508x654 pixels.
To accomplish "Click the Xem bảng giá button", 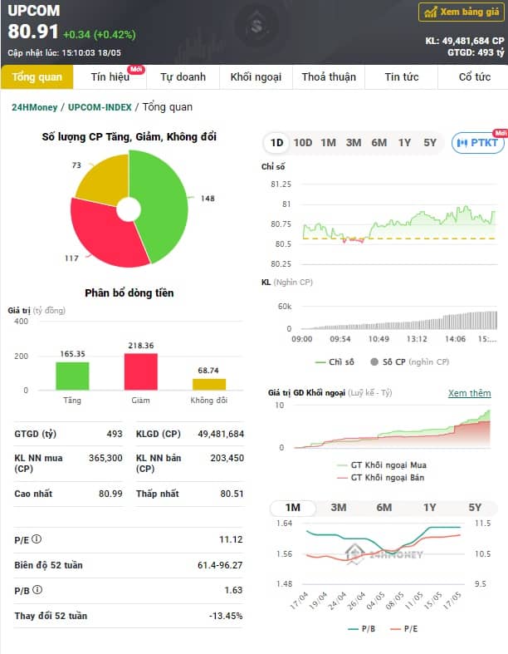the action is tap(462, 12).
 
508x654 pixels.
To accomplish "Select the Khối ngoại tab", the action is tap(256, 77).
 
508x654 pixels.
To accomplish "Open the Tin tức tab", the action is tap(401, 77).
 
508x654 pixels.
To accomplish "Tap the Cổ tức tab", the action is tap(474, 77).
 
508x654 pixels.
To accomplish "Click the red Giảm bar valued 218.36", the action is tap(141, 371).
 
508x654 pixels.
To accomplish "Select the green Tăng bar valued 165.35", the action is tap(72, 376).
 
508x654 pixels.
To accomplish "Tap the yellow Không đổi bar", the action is tap(209, 385).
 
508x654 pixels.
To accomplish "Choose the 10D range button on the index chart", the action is tap(302, 143).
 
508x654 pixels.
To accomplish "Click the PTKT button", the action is tap(478, 143).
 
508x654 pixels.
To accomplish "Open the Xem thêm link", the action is tap(470, 393).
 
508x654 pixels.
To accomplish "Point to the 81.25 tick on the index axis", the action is tap(281, 184).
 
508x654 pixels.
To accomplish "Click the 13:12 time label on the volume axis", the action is tap(417, 339).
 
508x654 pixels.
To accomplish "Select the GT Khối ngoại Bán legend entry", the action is tap(382, 478).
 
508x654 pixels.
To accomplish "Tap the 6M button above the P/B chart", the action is tap(383, 508).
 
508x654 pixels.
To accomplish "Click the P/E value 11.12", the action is tap(231, 539).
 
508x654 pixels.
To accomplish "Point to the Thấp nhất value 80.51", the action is tap(232, 494).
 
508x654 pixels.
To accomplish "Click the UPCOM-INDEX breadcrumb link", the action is tap(100, 107).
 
